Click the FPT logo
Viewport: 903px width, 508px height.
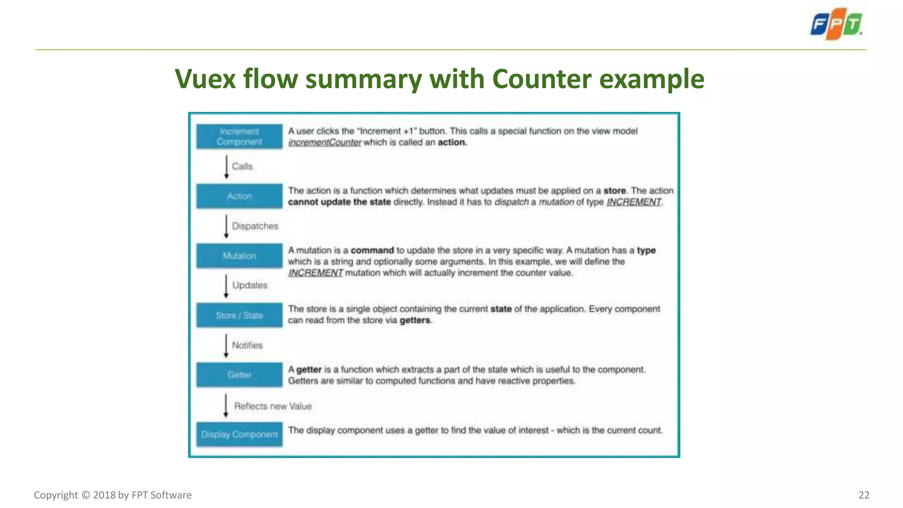836,24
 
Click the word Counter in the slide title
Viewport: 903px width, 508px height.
541,79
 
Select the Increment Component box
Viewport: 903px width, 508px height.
239,137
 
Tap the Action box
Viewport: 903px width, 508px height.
239,196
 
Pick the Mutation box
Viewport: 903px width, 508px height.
239,256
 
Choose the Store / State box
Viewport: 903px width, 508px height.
239,315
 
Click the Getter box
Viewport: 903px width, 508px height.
239,375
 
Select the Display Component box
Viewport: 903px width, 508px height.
239,434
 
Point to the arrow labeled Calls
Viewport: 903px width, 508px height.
227,167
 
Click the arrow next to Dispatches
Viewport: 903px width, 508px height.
227,226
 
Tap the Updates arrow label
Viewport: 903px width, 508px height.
250,285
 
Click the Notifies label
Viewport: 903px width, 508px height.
247,345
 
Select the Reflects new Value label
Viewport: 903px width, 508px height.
273,406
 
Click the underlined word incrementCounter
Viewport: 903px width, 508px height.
325,142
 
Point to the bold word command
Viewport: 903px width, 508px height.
372,250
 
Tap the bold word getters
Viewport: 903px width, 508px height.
415,321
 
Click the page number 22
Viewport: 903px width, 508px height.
864,495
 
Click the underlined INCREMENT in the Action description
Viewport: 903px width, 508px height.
634,202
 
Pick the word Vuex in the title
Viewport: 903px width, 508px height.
205,79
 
